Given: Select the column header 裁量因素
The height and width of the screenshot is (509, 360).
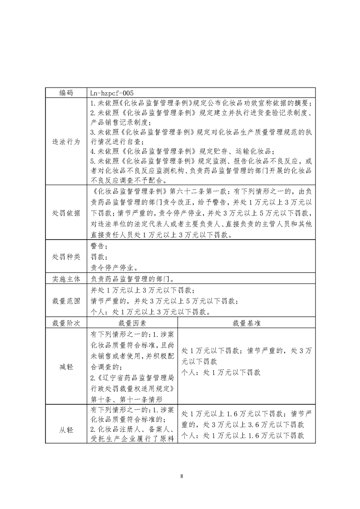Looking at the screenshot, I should coord(132,323).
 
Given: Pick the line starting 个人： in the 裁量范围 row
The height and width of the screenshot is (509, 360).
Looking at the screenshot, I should coord(150,312).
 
